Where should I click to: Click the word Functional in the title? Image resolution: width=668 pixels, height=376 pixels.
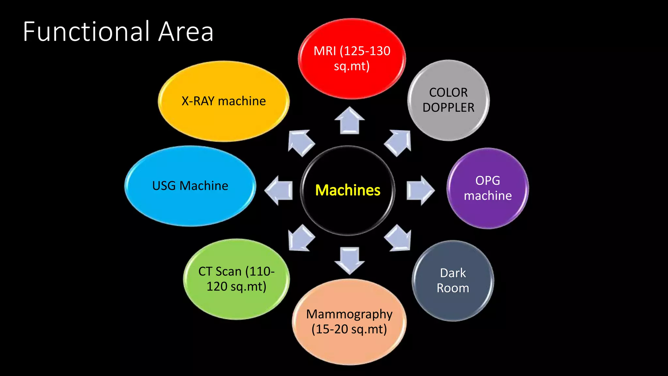(x=86, y=32)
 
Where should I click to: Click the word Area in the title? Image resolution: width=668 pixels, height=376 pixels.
(x=186, y=32)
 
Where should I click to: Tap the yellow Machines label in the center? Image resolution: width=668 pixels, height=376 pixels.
(x=348, y=190)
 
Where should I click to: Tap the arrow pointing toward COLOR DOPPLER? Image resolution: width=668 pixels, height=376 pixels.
(x=398, y=142)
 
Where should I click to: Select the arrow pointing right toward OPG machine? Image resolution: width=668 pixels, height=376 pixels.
(x=420, y=191)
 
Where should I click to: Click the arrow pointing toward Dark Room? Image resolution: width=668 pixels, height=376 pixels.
(x=398, y=238)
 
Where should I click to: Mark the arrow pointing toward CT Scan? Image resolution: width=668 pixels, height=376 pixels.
(x=301, y=238)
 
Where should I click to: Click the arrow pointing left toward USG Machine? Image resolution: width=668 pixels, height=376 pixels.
(x=279, y=191)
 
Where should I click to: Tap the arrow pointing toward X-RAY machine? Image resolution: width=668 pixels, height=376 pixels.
(x=301, y=142)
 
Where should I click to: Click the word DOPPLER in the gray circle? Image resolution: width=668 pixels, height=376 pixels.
(x=448, y=107)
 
